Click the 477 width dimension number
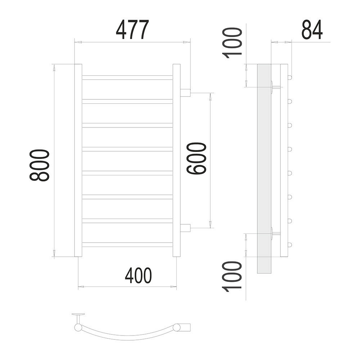[x=132, y=30]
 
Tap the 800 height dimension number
[x=39, y=165]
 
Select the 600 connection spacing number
[x=197, y=158]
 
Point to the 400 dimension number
[x=139, y=275]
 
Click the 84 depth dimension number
[x=312, y=30]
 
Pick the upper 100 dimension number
[x=232, y=43]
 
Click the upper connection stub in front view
[x=185, y=93]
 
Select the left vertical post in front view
[x=78, y=160]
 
